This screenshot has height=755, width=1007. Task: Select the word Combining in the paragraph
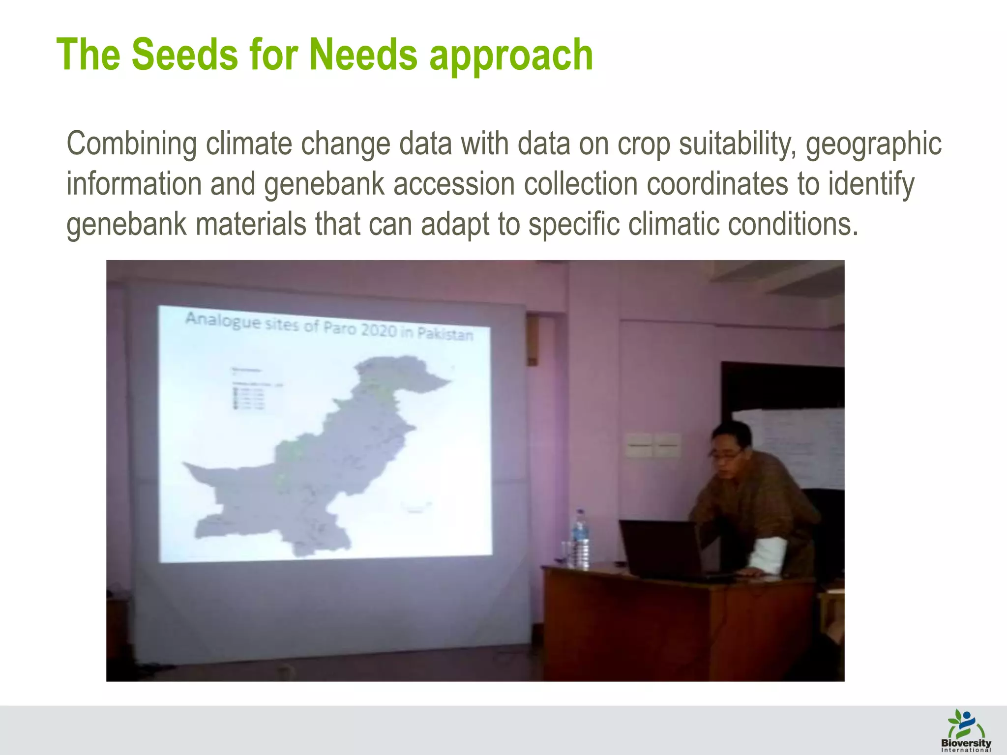[x=131, y=144]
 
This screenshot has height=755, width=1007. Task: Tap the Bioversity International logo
[x=966, y=729]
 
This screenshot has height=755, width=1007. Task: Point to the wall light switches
[x=653, y=445]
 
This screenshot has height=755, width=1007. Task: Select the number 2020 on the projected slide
[x=379, y=330]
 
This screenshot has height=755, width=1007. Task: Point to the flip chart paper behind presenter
[x=792, y=442]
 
